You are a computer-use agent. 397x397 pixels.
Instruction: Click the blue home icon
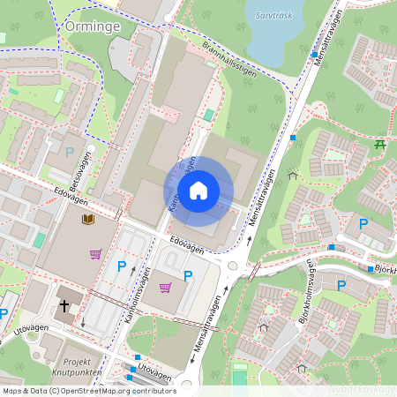pyautogui.click(x=198, y=191)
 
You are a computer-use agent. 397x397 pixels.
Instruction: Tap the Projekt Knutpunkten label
pyautogui.click(x=78, y=367)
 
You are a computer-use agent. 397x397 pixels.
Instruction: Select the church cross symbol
pyautogui.click(x=64, y=306)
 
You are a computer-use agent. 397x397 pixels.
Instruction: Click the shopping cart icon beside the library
pyautogui.click(x=95, y=254)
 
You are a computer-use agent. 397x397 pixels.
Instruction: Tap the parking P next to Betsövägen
pyautogui.click(x=70, y=152)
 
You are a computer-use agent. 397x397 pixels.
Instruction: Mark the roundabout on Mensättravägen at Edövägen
pyautogui.click(x=234, y=266)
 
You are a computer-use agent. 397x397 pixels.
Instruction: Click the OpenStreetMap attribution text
pyautogui.click(x=89, y=390)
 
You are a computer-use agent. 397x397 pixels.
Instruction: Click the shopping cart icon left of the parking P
pyautogui.click(x=165, y=287)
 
